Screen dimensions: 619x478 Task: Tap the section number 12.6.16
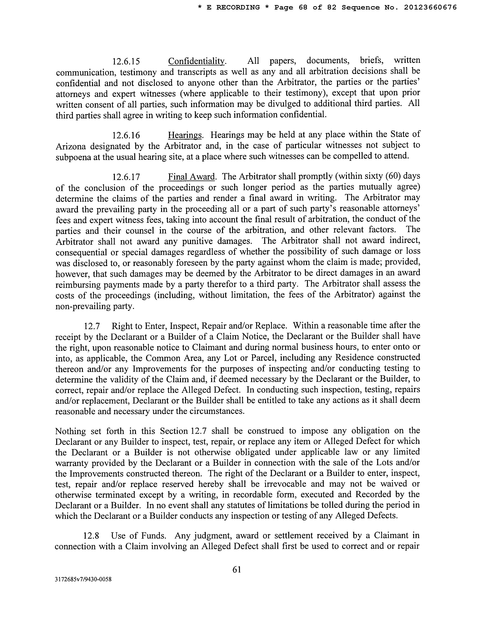(x=126, y=135)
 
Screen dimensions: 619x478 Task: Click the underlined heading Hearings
(x=185, y=135)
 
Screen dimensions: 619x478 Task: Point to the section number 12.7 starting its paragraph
(x=92, y=326)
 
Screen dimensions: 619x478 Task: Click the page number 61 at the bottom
(x=236, y=569)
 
